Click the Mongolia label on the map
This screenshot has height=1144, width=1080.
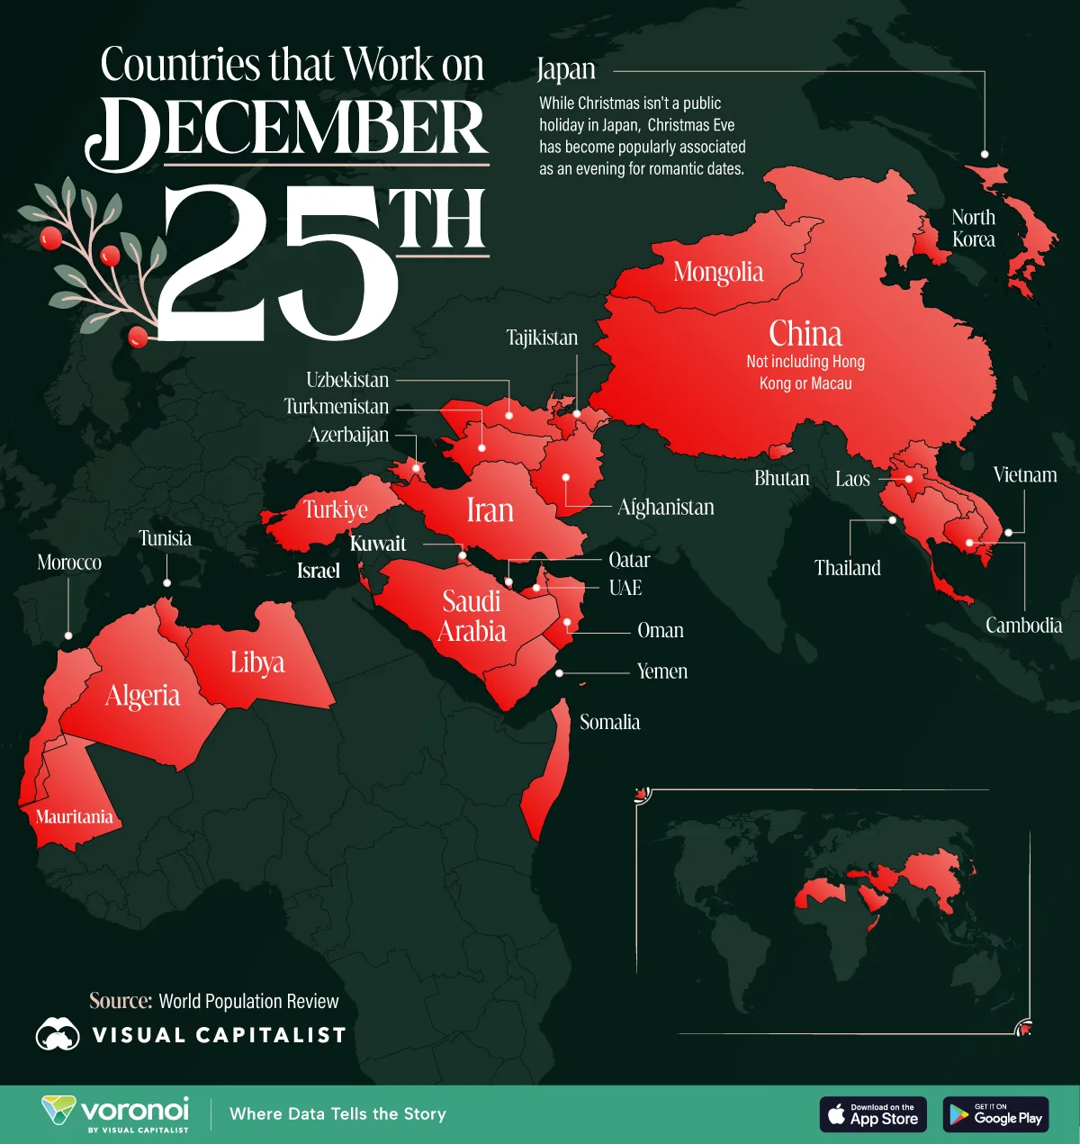[x=718, y=272]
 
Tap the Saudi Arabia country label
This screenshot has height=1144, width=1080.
[x=472, y=617]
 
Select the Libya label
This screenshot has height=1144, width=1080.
[x=257, y=662]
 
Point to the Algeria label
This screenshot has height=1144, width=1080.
[x=142, y=696]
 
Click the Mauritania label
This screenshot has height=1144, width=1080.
[x=74, y=816]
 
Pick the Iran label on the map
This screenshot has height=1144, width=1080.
[x=490, y=510]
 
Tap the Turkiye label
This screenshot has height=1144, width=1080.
[x=336, y=509]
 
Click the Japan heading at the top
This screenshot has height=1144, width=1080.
[x=566, y=69]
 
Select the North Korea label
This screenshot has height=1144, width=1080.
[x=974, y=229]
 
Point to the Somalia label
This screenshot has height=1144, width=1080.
[x=609, y=722]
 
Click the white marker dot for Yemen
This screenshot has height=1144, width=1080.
[x=560, y=672]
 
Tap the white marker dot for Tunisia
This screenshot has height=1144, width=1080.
[x=166, y=583]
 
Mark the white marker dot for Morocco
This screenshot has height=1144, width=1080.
[x=68, y=635]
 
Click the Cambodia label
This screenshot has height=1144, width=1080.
[x=1023, y=626]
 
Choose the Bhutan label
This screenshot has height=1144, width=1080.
[x=781, y=478]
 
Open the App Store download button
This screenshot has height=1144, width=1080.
[x=872, y=1114]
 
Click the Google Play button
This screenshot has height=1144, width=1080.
[x=995, y=1114]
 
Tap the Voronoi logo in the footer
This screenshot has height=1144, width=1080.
[x=116, y=1113]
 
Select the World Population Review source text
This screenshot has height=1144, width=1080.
[x=248, y=1001]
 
